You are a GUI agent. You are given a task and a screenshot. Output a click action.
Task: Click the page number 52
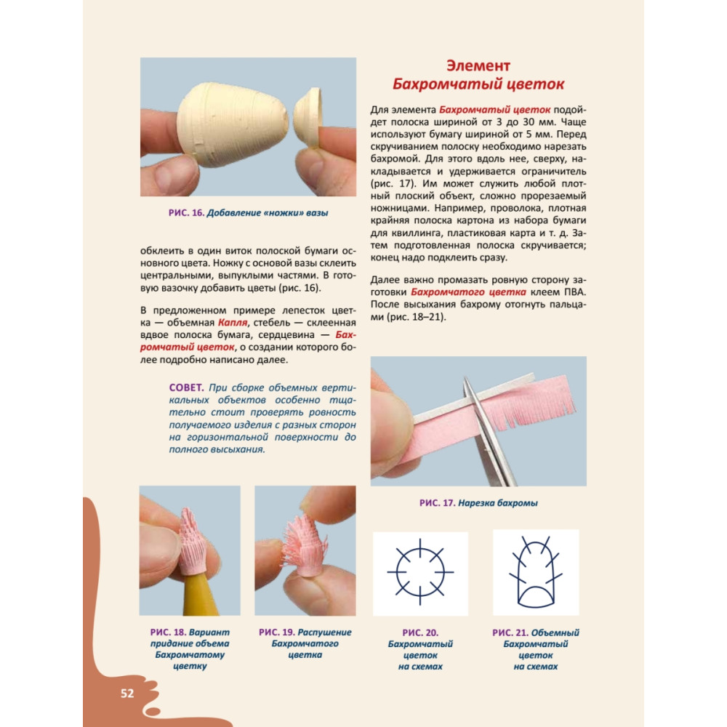(127, 693)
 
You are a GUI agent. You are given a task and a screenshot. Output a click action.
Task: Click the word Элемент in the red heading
(478, 66)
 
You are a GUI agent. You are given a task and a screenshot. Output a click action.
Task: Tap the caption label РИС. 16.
(186, 213)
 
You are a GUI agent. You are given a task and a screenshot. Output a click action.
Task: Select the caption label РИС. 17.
(437, 503)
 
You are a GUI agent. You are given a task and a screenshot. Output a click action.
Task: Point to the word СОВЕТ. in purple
(186, 387)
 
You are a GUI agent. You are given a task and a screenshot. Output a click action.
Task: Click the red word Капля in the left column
(233, 323)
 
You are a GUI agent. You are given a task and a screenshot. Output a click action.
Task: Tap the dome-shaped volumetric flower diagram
(536, 573)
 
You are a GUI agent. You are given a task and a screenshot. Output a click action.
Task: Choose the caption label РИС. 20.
(420, 633)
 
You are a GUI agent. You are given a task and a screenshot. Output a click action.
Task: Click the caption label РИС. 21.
(510, 633)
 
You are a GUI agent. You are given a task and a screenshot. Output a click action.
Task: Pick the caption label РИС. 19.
(277, 632)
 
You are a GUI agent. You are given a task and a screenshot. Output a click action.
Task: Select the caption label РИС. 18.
(168, 632)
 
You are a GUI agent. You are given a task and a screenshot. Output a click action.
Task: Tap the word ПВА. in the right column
(575, 292)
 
